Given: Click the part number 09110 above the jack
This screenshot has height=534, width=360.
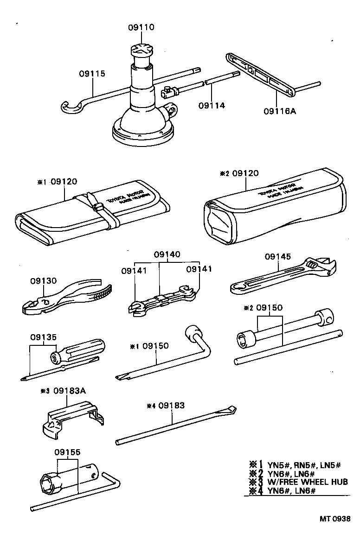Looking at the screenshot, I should (x=141, y=27).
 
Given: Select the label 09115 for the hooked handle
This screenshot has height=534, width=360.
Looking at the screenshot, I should (x=92, y=73).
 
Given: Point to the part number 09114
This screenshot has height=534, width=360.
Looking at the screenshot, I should (x=212, y=105).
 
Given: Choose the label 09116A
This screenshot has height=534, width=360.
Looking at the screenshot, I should (x=279, y=111).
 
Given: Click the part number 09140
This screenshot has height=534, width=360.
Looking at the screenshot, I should (x=167, y=254).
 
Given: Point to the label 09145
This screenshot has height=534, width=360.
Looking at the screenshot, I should (x=278, y=256).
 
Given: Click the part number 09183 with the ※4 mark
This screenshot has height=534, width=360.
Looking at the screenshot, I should (x=172, y=406).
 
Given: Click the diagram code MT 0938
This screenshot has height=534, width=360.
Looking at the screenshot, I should (x=334, y=519).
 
